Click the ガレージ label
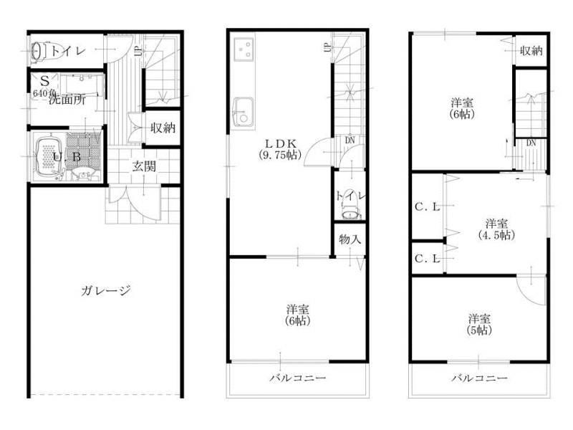[x=105, y=290]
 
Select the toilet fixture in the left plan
[x=39, y=51]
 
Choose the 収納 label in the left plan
[x=163, y=129]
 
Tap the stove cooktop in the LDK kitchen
[x=245, y=49]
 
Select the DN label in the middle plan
[x=349, y=140]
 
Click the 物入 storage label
[x=349, y=240]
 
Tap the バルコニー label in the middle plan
[x=298, y=378]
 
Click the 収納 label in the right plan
[x=531, y=51]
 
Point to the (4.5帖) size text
[x=496, y=234]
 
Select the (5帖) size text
[x=479, y=331]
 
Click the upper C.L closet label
[x=428, y=207]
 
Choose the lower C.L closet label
[x=428, y=259]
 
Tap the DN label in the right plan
[x=531, y=143]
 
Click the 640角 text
[x=44, y=93]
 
